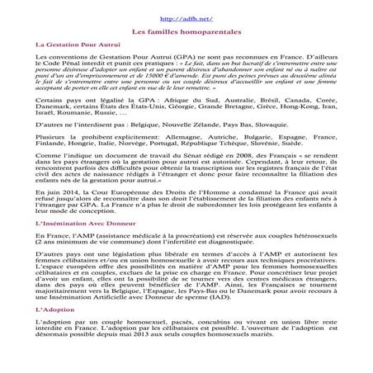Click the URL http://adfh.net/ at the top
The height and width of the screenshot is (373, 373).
point(186,18)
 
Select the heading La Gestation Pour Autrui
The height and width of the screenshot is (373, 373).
point(78,45)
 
